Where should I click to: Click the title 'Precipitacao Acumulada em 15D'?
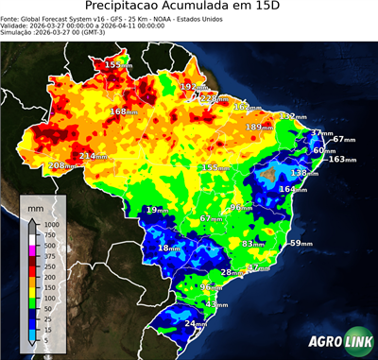tap(188, 9)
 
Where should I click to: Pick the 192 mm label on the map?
tap(193, 87)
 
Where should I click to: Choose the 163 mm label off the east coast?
tap(341, 159)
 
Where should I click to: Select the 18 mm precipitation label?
tap(168, 248)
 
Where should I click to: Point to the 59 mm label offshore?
tap(300, 243)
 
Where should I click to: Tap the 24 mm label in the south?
tap(195, 323)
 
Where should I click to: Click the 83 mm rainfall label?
tap(252, 244)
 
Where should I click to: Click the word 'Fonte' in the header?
tap(11, 19)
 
